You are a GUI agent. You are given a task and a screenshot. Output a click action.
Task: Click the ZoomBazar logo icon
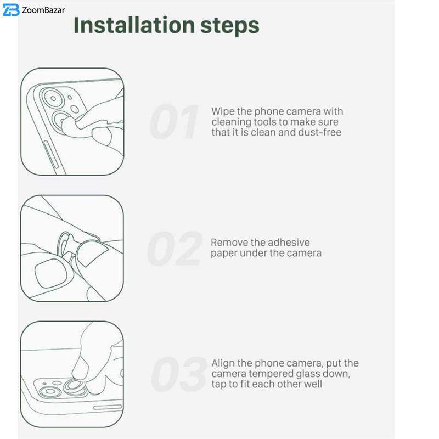coord(11,10)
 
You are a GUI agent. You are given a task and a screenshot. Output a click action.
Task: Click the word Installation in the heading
coord(134,25)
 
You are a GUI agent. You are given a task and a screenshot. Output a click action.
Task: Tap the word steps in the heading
coord(230,26)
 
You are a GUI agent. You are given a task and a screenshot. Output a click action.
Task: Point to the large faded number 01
coord(174,122)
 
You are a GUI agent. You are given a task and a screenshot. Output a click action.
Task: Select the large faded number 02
coord(175,249)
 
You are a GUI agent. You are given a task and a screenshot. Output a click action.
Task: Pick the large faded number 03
coord(179,374)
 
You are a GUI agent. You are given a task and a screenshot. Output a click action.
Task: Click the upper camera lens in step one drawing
coord(53,99)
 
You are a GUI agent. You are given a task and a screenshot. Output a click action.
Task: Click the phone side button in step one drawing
coord(50,154)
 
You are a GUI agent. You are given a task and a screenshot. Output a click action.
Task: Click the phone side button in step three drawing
coord(108,407)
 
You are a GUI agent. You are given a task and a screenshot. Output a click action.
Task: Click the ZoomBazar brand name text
coord(43,10)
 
